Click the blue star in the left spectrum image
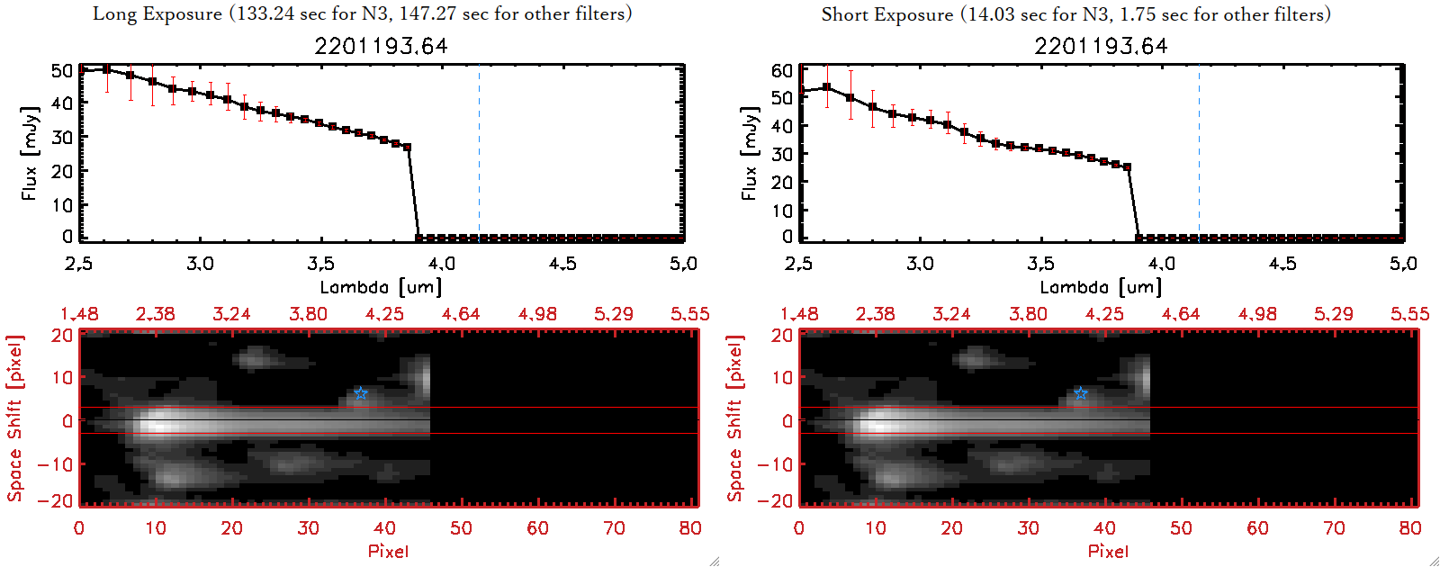pyautogui.click(x=361, y=393)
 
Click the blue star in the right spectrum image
pyautogui.click(x=1081, y=393)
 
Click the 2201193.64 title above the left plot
pyautogui.click(x=381, y=46)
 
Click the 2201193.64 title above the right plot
pyautogui.click(x=1101, y=46)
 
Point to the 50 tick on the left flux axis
pyautogui.click(x=62, y=70)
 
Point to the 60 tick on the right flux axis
pyautogui.click(x=782, y=70)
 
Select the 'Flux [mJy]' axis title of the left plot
pyautogui.click(x=30, y=154)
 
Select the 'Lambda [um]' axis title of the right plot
pyautogui.click(x=1101, y=287)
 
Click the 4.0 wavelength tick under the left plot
pyautogui.click(x=441, y=264)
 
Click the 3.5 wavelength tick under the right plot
pyautogui.click(x=1040, y=264)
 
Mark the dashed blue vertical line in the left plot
pyautogui.click(x=479, y=153)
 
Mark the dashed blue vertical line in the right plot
pyautogui.click(x=1199, y=153)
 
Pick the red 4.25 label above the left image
pyautogui.click(x=384, y=314)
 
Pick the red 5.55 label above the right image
pyautogui.click(x=1409, y=314)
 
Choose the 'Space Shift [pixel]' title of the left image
pyautogui.click(x=15, y=418)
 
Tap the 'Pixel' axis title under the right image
pyautogui.click(x=1108, y=551)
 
